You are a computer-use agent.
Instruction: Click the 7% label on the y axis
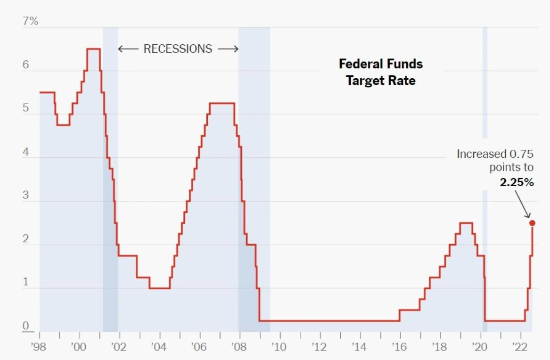pyautogui.click(x=30, y=21)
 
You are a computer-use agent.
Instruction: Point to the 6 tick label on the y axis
pyautogui.click(x=25, y=65)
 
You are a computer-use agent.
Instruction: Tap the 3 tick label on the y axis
pyautogui.click(x=25, y=196)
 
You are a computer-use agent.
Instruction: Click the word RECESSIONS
pyautogui.click(x=178, y=49)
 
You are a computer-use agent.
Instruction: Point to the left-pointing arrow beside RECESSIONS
pyautogui.click(x=128, y=49)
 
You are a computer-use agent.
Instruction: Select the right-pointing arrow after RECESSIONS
pyautogui.click(x=228, y=49)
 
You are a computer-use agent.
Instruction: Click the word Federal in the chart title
pyautogui.click(x=360, y=64)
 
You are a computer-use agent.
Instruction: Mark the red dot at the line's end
pyautogui.click(x=532, y=223)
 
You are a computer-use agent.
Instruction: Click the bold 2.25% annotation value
pyautogui.click(x=517, y=182)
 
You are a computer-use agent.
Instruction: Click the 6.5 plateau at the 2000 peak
pyautogui.click(x=93, y=49)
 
